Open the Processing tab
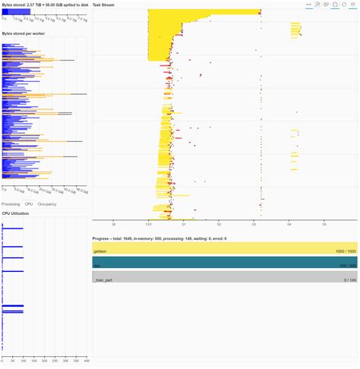click(x=11, y=203)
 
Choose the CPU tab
click(x=29, y=203)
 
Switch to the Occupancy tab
click(x=48, y=203)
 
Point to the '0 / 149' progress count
click(x=349, y=280)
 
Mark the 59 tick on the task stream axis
click(x=113, y=224)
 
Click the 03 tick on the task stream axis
click(x=254, y=224)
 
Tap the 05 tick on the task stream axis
click(x=324, y=224)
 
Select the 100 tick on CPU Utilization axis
click(x=24, y=360)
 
